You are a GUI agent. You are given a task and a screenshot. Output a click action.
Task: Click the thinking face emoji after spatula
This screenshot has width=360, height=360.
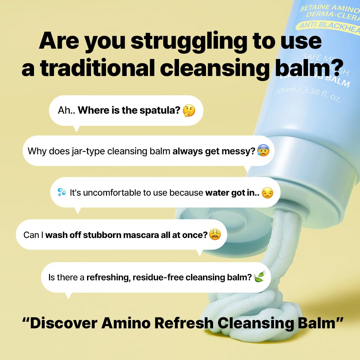click(189, 110)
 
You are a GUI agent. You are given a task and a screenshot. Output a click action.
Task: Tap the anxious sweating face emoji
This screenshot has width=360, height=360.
click(263, 151)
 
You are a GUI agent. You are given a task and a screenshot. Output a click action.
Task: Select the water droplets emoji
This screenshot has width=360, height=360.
click(62, 192)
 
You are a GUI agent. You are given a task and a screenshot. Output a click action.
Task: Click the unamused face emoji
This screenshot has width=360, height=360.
click(267, 193)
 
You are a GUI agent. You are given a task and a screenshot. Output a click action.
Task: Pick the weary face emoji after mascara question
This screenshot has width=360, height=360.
click(215, 235)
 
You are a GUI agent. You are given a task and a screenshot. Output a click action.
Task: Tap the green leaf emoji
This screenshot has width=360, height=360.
click(259, 277)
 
